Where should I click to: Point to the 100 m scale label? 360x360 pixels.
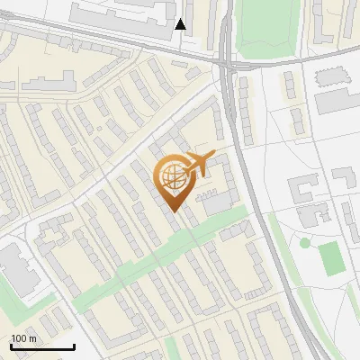(23, 338)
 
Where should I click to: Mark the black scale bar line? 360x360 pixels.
(42, 346)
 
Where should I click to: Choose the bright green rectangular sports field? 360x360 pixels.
(331, 258)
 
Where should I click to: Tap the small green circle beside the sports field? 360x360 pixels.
(305, 242)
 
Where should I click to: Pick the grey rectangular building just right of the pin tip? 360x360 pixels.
(216, 205)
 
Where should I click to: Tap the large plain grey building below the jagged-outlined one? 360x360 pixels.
(335, 101)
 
